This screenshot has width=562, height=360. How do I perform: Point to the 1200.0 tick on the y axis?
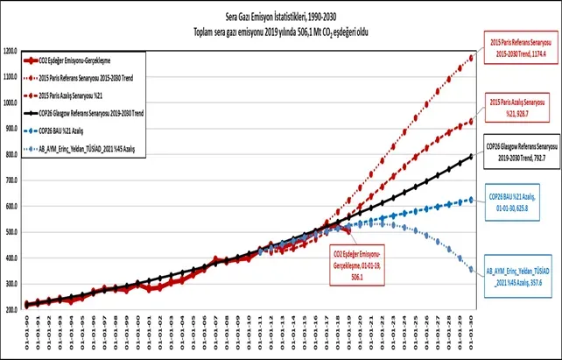coord(13,51)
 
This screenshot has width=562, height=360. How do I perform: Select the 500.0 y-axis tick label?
coord(13,232)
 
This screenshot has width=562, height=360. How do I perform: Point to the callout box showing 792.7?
coord(523,151)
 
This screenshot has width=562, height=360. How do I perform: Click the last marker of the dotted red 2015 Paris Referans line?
coord(473,58)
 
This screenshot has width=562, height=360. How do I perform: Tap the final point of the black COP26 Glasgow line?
coord(473,157)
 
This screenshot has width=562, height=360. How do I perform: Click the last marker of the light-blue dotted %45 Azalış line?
coord(473,270)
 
